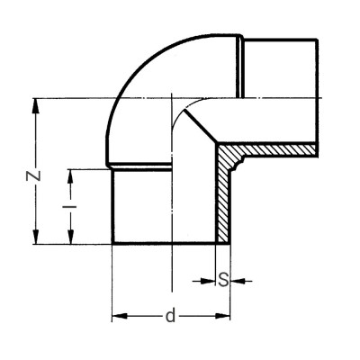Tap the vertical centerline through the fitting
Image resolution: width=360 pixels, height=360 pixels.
(171, 180)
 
